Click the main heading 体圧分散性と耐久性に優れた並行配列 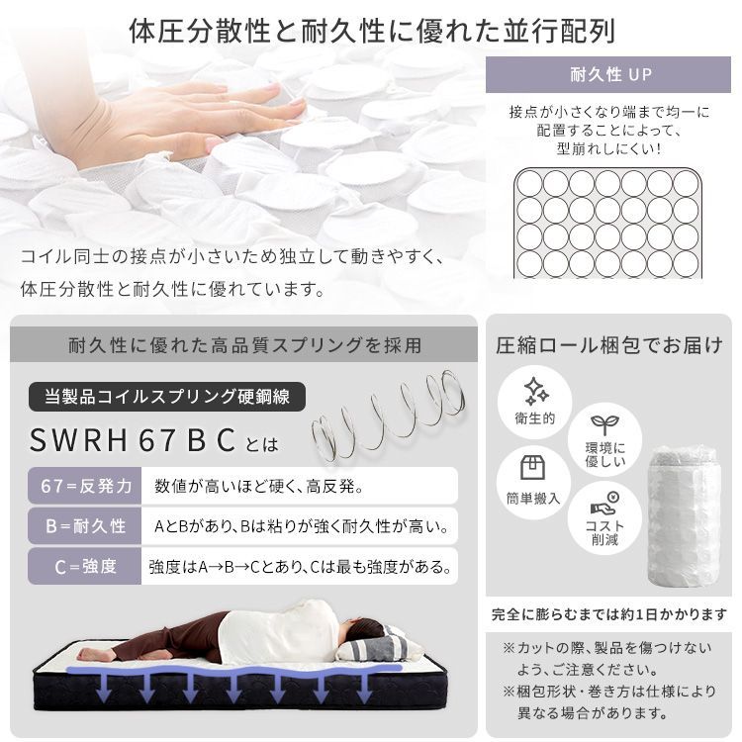click(371, 30)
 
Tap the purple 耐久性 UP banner click(610, 75)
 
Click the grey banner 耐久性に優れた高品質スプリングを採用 click(244, 345)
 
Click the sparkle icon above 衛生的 click(535, 389)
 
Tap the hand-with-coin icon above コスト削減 click(603, 502)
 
